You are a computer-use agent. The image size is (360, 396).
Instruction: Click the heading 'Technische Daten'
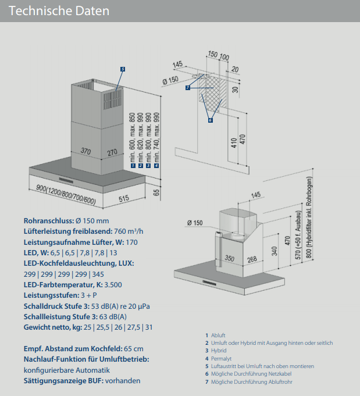pyautogui.click(x=59, y=11)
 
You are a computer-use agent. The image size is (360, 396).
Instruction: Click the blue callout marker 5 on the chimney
pyautogui.click(x=123, y=69)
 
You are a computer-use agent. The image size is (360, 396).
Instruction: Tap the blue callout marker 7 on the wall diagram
pyautogui.click(x=188, y=88)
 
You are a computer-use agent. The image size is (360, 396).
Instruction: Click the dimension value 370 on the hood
pyautogui.click(x=86, y=152)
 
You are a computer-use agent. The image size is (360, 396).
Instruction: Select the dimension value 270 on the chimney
pyautogui.click(x=112, y=152)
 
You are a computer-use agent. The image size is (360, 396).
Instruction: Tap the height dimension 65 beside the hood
pyautogui.click(x=156, y=192)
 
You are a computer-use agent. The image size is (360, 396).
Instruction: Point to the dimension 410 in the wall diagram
pyautogui.click(x=234, y=142)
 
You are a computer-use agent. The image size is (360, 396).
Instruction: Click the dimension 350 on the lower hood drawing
pyautogui.click(x=229, y=258)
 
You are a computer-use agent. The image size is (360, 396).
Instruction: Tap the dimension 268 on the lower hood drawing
pyautogui.click(x=251, y=258)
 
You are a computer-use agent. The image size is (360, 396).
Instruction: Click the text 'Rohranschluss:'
pyautogui.click(x=48, y=221)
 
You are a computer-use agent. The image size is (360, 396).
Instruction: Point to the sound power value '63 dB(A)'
pyautogui.click(x=111, y=316)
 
